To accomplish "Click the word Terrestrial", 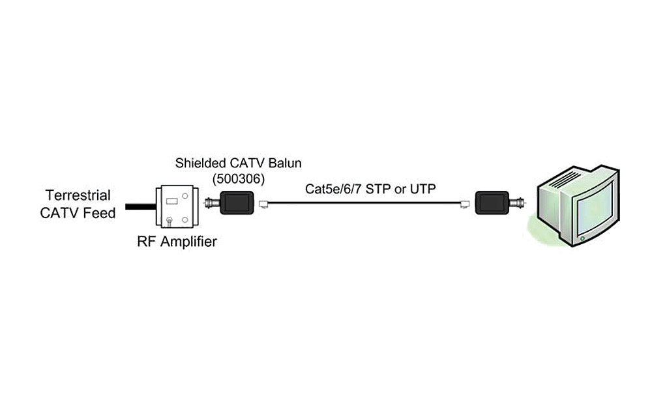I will coord(78,195).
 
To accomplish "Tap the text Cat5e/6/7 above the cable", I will coord(334,189).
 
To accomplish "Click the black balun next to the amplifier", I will coord(236,204).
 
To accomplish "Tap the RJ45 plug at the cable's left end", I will coord(263,204).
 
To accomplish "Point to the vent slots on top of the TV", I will coord(571,175).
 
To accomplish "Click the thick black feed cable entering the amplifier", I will coord(140,207).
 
